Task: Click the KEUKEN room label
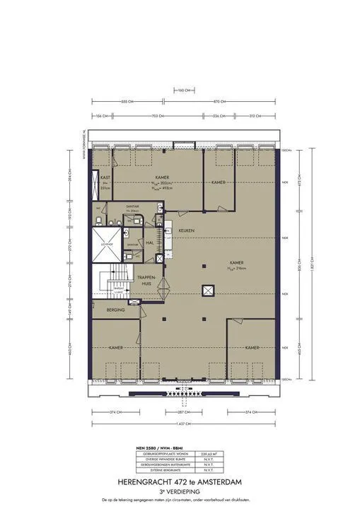[187, 231]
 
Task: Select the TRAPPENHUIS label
[146, 279]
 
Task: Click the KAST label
[104, 177]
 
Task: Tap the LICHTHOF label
[107, 244]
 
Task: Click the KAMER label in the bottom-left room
[117, 348]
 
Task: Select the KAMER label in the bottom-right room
[254, 348]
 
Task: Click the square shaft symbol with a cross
[207, 290]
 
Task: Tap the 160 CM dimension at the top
[182, 91]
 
